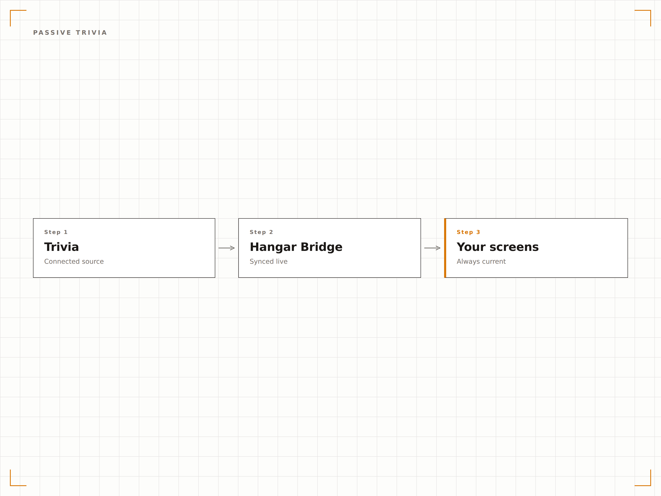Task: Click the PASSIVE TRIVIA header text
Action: coord(70,33)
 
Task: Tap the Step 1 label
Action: coord(56,232)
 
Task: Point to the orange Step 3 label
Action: coord(468,232)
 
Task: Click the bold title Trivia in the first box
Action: coord(62,247)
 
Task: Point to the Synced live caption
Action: coord(269,262)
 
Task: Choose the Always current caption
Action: coord(481,262)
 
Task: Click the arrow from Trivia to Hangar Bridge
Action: coord(227,248)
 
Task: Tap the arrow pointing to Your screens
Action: coord(432,248)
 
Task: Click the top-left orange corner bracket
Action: coord(11,11)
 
